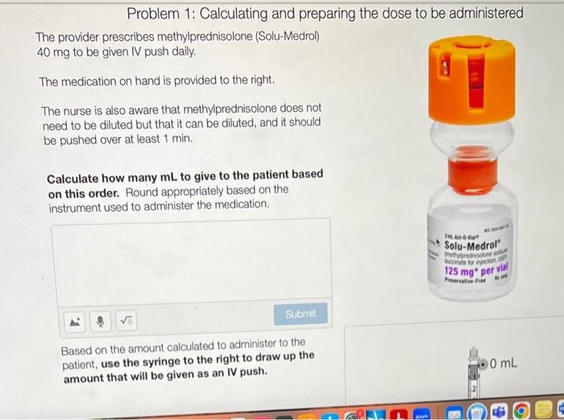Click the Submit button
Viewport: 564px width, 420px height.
[301, 313]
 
